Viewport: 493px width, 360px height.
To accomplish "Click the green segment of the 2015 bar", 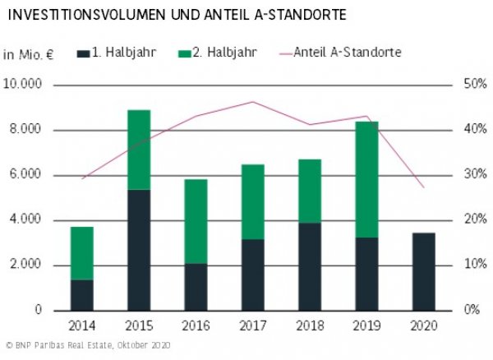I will [x=139, y=150].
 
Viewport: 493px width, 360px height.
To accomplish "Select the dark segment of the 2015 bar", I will [x=139, y=250].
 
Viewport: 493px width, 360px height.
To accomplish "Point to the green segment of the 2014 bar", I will [x=81, y=253].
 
